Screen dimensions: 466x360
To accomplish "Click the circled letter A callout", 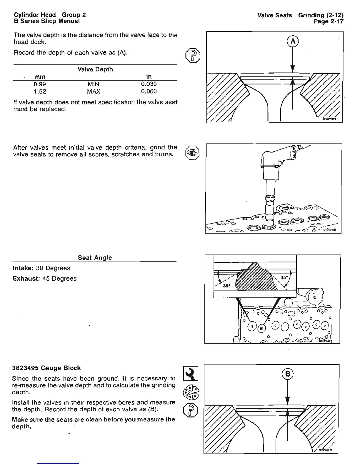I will click(x=293, y=41).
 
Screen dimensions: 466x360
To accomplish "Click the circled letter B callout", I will click(x=288, y=374).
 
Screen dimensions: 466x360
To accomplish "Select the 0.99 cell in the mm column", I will click(x=40, y=84).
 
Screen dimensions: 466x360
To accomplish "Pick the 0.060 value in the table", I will click(x=149, y=91).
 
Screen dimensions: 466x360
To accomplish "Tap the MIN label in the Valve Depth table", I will click(x=94, y=84).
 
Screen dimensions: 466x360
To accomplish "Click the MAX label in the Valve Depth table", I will click(x=94, y=91).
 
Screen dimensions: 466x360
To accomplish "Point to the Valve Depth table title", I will click(x=95, y=69).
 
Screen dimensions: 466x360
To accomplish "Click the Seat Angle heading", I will click(x=95, y=258).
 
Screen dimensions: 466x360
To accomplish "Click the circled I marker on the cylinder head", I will click(x=252, y=326).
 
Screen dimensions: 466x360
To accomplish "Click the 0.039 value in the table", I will click(x=149, y=84).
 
